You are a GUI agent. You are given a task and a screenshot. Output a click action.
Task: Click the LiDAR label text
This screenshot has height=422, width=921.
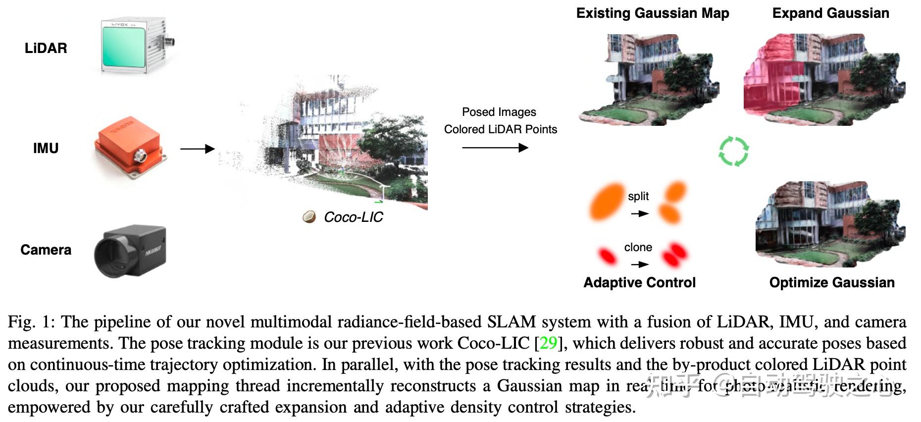pyautogui.click(x=46, y=48)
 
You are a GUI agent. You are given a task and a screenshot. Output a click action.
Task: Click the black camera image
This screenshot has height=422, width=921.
pyautogui.click(x=130, y=252)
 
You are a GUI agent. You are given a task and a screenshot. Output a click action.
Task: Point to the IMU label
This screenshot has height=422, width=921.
pyautogui.click(x=46, y=148)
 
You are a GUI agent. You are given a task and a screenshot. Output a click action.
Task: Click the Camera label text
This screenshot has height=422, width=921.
pyautogui.click(x=46, y=250)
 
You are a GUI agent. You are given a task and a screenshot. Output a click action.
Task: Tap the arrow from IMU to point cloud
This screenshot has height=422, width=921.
pyautogui.click(x=197, y=149)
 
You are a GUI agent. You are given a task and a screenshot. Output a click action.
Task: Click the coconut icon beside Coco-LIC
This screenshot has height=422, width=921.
pyautogui.click(x=309, y=217)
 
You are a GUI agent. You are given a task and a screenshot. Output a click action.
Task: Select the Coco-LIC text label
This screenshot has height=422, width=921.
pyautogui.click(x=353, y=217)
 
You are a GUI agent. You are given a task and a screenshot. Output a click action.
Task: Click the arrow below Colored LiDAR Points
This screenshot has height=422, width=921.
pyautogui.click(x=495, y=148)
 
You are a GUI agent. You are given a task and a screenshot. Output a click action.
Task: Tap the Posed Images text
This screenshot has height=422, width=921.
pyautogui.click(x=499, y=112)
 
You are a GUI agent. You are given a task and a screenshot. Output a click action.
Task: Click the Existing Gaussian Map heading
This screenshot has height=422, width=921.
pyautogui.click(x=652, y=13)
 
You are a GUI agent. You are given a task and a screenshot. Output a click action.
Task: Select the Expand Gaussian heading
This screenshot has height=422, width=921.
pyautogui.click(x=830, y=13)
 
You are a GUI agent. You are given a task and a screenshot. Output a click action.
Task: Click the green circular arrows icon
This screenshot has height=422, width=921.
pyautogui.click(x=733, y=152)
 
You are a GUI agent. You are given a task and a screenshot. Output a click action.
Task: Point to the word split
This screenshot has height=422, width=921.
pyautogui.click(x=638, y=196)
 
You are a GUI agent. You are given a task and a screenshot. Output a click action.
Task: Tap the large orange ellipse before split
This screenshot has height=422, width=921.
pyautogui.click(x=608, y=201)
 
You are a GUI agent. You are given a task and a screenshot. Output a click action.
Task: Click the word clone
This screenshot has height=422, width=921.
pyautogui.click(x=638, y=247)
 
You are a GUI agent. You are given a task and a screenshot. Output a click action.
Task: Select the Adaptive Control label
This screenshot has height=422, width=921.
pyautogui.click(x=639, y=282)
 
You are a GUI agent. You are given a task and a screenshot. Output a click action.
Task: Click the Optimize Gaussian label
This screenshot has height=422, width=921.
pyautogui.click(x=831, y=282)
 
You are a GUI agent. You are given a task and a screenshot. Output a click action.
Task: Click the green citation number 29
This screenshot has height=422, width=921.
pyautogui.click(x=548, y=343)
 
